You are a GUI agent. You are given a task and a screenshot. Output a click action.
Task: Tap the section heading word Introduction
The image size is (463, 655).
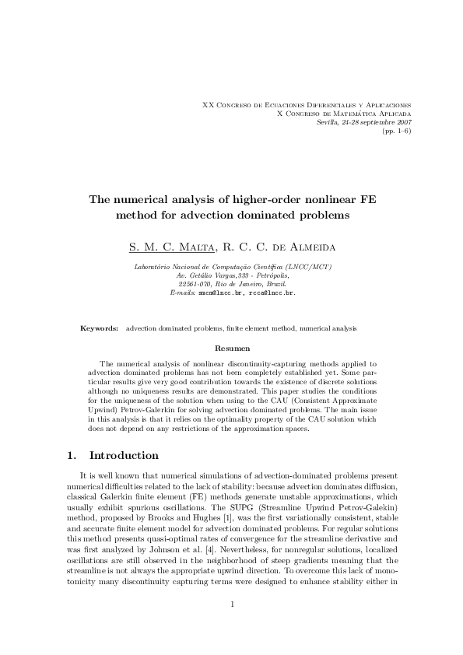124,455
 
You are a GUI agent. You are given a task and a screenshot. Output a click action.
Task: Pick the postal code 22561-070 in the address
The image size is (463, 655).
195,284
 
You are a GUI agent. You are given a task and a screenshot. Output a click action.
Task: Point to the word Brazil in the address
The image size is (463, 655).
276,284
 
